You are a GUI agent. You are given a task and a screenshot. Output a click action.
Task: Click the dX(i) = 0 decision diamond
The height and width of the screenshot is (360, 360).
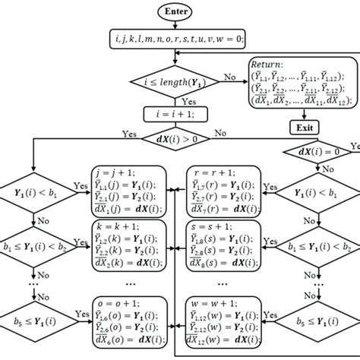click(317, 172)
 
